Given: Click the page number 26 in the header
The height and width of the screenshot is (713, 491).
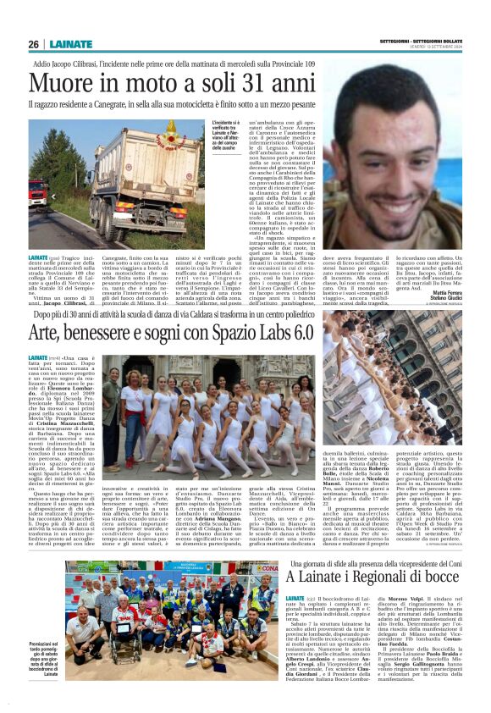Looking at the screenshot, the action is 34,44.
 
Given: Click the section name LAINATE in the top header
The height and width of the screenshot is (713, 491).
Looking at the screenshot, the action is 72,44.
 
